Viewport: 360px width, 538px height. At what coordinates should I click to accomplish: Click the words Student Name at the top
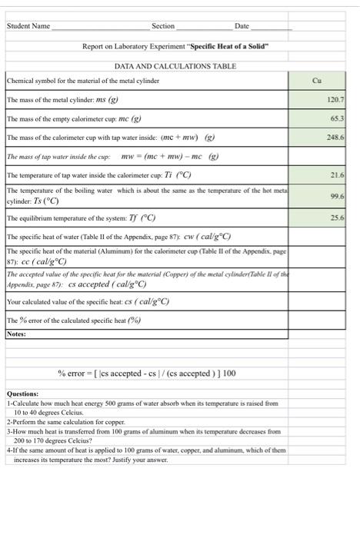pyautogui.click(x=28, y=26)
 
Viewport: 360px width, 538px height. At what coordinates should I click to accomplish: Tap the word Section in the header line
pyautogui.click(x=163, y=26)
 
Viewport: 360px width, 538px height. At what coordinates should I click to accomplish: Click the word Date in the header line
pyautogui.click(x=242, y=26)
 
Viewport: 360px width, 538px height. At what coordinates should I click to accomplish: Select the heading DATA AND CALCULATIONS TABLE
pyautogui.click(x=175, y=67)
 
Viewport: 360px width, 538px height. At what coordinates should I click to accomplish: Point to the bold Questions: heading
pyautogui.click(x=23, y=394)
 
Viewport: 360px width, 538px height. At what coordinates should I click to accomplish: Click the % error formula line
pyautogui.click(x=147, y=373)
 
